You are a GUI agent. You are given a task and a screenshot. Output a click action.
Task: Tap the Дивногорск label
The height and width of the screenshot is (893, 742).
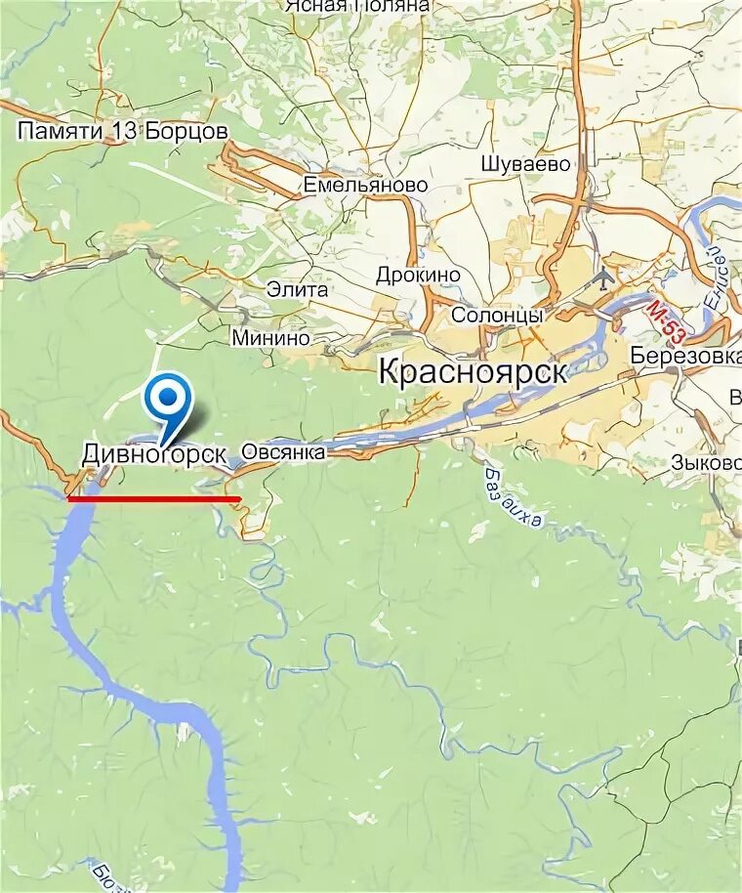(154, 454)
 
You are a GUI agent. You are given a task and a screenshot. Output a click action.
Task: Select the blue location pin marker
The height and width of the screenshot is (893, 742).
(168, 402)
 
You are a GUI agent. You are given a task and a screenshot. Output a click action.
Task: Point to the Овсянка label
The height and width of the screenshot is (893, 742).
(282, 451)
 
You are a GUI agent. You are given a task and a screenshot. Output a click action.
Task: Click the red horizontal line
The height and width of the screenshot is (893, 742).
(153, 498)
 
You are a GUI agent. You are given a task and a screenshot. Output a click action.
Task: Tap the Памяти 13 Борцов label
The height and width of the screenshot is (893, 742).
(123, 131)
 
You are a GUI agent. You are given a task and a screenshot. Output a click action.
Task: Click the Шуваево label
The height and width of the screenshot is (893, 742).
(525, 164)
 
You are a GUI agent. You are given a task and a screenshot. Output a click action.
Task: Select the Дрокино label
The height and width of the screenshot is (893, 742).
(418, 276)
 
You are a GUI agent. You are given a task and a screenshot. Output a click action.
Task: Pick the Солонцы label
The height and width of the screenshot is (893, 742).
(497, 316)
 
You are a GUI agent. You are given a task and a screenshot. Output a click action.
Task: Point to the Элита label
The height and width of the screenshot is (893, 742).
(297, 290)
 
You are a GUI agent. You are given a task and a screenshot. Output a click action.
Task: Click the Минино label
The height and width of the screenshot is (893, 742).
(270, 339)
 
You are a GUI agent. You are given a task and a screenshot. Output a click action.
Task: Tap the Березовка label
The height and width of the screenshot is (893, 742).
(685, 356)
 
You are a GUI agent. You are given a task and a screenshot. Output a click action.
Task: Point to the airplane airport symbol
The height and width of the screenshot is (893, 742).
(603, 277)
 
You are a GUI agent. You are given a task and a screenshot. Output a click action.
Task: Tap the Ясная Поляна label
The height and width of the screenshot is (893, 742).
(357, 6)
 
